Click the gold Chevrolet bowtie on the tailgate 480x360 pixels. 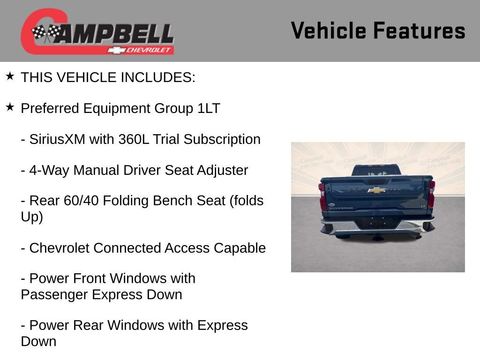[376, 190]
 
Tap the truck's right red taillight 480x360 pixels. [431, 194]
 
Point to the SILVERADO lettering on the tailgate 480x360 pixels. [340, 208]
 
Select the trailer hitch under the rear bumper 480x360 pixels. [377, 237]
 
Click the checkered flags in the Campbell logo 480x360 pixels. [46, 33]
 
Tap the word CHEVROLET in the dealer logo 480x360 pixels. [150, 50]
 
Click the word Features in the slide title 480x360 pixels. [419, 30]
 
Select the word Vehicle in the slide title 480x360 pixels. [328, 30]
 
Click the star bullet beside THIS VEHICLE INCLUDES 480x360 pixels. [10, 76]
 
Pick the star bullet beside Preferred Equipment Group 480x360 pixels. [10, 107]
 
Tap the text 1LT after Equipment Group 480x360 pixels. [208, 108]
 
